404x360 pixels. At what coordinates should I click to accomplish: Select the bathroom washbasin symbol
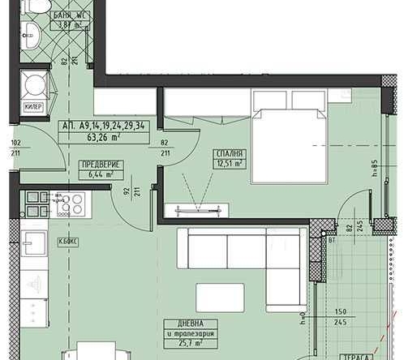pos(32,36)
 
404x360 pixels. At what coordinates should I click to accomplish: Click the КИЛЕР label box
pos(33,106)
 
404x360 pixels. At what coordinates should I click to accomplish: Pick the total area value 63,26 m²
pos(104,136)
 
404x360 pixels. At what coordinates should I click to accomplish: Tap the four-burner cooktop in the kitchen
pos(63,204)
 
